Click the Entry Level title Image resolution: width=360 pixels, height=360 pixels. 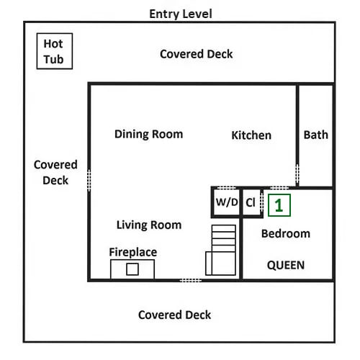(181, 14)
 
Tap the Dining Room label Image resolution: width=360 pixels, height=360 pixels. (148, 135)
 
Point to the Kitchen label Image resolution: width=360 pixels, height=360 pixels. (251, 135)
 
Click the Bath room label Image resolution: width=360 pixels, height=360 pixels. (316, 135)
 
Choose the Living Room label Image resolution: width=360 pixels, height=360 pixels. (149, 225)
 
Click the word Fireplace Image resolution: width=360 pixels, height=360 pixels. (133, 252)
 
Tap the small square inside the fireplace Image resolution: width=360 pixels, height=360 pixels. (132, 269)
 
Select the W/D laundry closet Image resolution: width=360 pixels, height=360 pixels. (226, 202)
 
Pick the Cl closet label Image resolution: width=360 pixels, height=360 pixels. (251, 202)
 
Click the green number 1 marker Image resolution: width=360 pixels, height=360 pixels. (279, 205)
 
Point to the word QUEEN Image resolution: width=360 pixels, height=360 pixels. (286, 265)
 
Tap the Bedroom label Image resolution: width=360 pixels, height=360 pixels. (286, 234)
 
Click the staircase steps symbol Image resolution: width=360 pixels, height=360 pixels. (221, 250)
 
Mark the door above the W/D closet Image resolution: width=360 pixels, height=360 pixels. (226, 188)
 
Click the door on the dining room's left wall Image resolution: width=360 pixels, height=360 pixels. (89, 180)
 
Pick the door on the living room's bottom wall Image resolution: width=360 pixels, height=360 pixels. (191, 280)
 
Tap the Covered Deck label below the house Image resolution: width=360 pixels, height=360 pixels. (174, 315)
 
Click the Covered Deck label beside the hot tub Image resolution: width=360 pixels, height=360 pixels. (197, 54)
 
